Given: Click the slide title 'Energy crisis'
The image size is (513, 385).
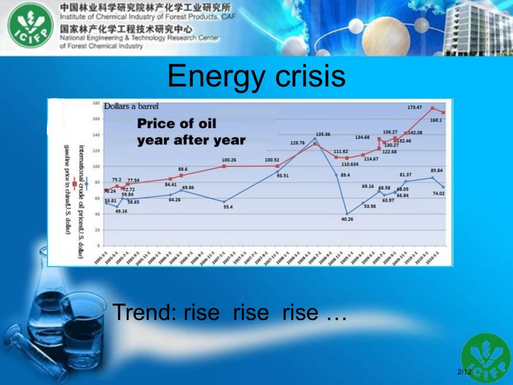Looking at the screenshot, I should point(256,76).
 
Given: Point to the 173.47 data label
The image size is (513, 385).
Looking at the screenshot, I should point(415,107).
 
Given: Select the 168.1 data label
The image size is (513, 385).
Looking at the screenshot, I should point(435,120).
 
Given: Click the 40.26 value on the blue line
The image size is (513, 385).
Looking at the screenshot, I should point(347,219).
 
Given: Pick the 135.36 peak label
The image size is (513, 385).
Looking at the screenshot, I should point(323,134).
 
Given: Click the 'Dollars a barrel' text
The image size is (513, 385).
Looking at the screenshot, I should point(131,106).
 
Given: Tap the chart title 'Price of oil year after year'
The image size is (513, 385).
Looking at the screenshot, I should point(191,132).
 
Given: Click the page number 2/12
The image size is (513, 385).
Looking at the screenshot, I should point(464,372).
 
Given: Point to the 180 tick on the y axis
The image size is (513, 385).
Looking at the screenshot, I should point(96,104).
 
